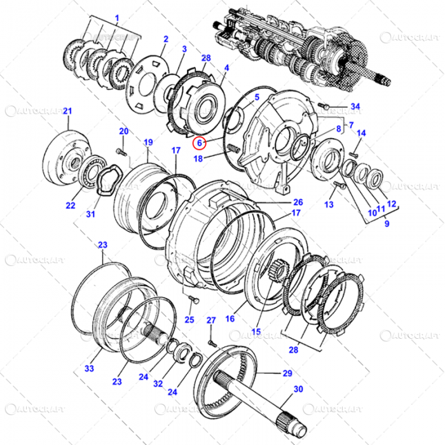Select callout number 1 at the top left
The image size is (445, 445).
pos(116,17)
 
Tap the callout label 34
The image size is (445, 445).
pos(355,106)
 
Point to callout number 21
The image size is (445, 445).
pos(67,112)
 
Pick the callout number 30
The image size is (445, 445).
pos(298,389)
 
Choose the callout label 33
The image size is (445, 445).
pos(89,368)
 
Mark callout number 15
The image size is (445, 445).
pos(256,331)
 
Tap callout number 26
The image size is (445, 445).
pos(298,202)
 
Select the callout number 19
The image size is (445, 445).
pos(147,142)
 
